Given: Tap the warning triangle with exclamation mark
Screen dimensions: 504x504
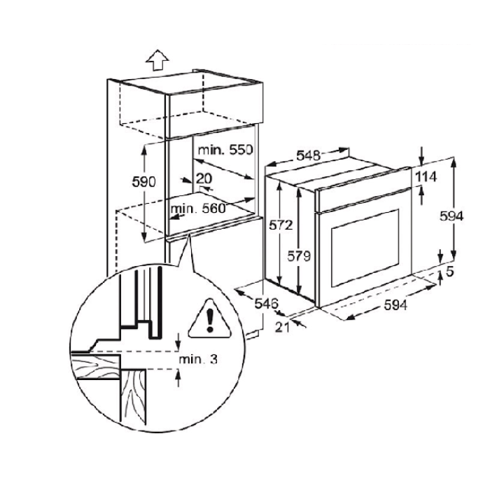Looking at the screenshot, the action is (210, 318).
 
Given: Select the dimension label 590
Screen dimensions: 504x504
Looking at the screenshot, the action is (143, 182).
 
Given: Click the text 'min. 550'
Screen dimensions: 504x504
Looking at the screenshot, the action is (225, 150).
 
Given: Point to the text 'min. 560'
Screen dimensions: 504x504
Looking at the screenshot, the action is (198, 209).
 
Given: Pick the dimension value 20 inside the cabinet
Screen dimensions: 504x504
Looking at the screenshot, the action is (204, 178).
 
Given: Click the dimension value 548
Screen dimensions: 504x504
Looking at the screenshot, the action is (308, 155).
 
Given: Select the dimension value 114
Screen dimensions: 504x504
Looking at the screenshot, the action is (426, 177).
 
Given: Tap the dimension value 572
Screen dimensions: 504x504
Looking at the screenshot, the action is (281, 225).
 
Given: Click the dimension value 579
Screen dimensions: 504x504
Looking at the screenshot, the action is (299, 256).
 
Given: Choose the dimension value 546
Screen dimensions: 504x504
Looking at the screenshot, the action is (266, 303).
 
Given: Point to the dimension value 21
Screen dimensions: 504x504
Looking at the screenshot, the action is (282, 327).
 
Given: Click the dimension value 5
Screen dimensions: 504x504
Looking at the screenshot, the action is (449, 272).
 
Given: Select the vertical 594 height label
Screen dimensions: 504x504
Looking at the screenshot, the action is (451, 216).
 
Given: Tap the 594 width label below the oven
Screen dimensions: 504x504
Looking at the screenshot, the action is (395, 305).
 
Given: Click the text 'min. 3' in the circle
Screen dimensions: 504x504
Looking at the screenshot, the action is (198, 359).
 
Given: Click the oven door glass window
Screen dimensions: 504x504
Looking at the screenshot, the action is (365, 248).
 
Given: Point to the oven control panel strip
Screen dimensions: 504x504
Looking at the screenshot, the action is (363, 190).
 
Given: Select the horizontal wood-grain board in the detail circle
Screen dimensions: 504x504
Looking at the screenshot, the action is (95, 366).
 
